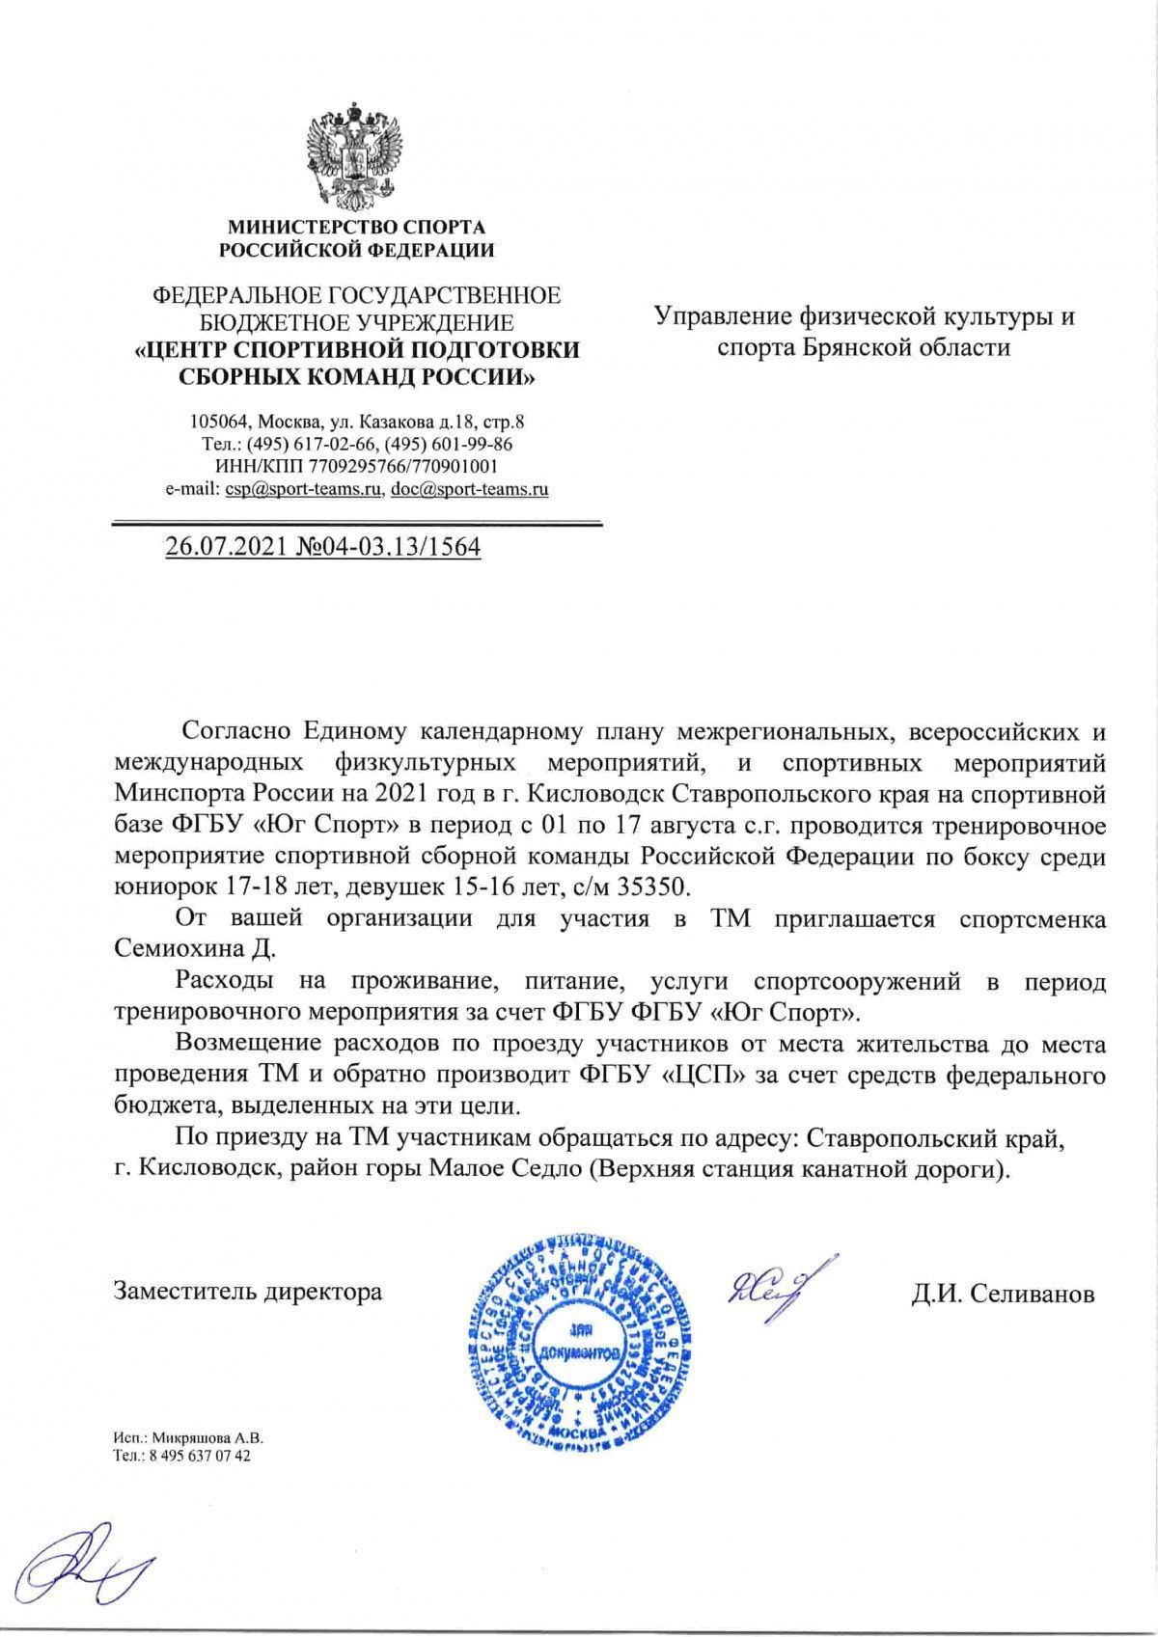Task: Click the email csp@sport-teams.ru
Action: coord(302,489)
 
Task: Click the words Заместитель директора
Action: coord(248,1291)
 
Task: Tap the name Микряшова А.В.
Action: coord(207,1437)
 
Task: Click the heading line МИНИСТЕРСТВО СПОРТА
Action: coord(356,228)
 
